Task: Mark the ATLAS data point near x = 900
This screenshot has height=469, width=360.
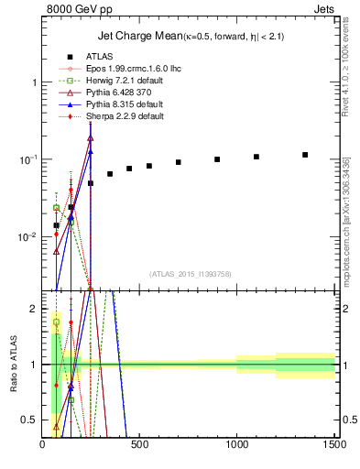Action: tap(217, 159)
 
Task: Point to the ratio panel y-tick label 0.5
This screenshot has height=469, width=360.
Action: tap(30, 420)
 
